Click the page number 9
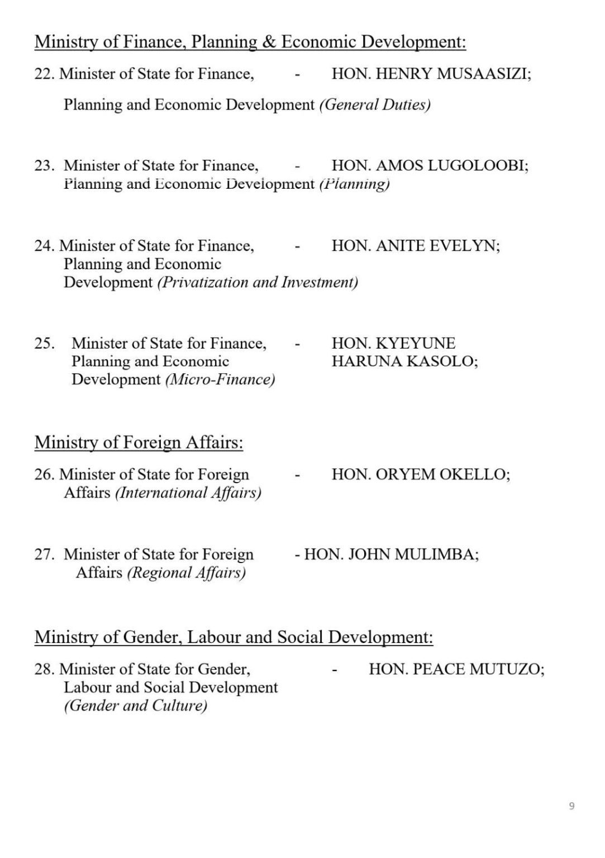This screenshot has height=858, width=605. (x=571, y=805)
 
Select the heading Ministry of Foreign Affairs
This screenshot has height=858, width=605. (x=139, y=442)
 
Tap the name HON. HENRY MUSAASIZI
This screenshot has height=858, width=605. (x=431, y=74)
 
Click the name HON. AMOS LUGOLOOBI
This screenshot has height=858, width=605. (x=430, y=165)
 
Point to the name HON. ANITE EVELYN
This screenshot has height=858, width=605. (x=416, y=246)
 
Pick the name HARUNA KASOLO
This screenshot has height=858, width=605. (x=404, y=361)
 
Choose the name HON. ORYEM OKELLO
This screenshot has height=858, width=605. (x=421, y=474)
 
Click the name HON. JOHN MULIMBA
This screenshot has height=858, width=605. (x=391, y=554)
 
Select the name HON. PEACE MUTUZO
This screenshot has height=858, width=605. (x=456, y=669)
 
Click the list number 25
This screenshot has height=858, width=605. (x=44, y=343)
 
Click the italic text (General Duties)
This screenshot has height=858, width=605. (x=374, y=105)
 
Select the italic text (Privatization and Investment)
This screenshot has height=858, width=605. (x=258, y=282)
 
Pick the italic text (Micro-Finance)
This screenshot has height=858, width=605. (x=220, y=380)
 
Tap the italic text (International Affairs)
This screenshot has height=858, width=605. (x=188, y=493)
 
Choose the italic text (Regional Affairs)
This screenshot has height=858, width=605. (x=186, y=573)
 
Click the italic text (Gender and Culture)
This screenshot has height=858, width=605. (x=136, y=706)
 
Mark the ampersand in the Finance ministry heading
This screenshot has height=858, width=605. (x=269, y=42)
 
